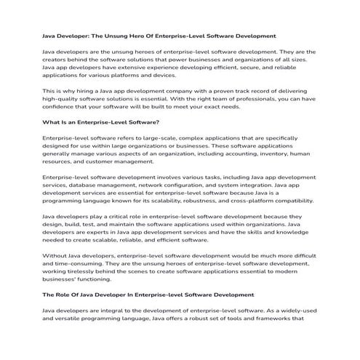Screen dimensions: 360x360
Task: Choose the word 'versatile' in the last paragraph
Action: point(71,319)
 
